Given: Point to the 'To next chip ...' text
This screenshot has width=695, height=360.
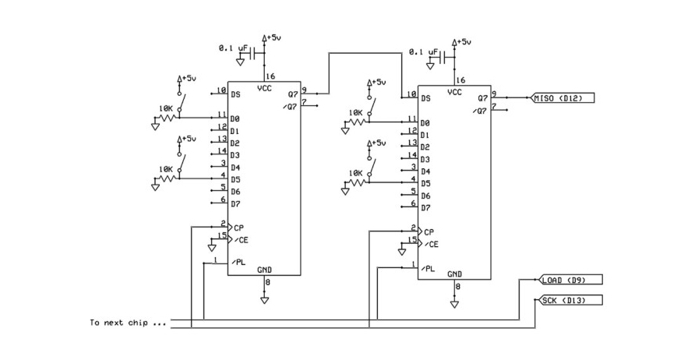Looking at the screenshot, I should [129, 323].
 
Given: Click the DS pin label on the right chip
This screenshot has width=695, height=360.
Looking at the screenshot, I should [425, 98].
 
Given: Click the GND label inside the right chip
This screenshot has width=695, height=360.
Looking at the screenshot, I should [455, 274].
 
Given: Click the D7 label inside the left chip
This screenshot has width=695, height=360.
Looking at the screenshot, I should [235, 203].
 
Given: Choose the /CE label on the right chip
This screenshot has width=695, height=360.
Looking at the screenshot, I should [429, 244].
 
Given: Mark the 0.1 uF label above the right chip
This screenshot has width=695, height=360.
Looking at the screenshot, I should [421, 52].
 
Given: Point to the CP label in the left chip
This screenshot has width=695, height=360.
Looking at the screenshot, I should [238, 227].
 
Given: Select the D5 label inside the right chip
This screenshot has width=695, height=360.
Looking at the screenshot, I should [425, 183].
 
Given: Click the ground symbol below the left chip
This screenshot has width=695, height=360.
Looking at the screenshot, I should [265, 298].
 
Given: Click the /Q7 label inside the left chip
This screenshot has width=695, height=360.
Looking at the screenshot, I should [291, 106].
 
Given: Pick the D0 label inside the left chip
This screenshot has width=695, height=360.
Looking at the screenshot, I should [235, 118].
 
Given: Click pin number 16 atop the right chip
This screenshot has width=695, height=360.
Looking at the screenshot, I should [461, 79].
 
